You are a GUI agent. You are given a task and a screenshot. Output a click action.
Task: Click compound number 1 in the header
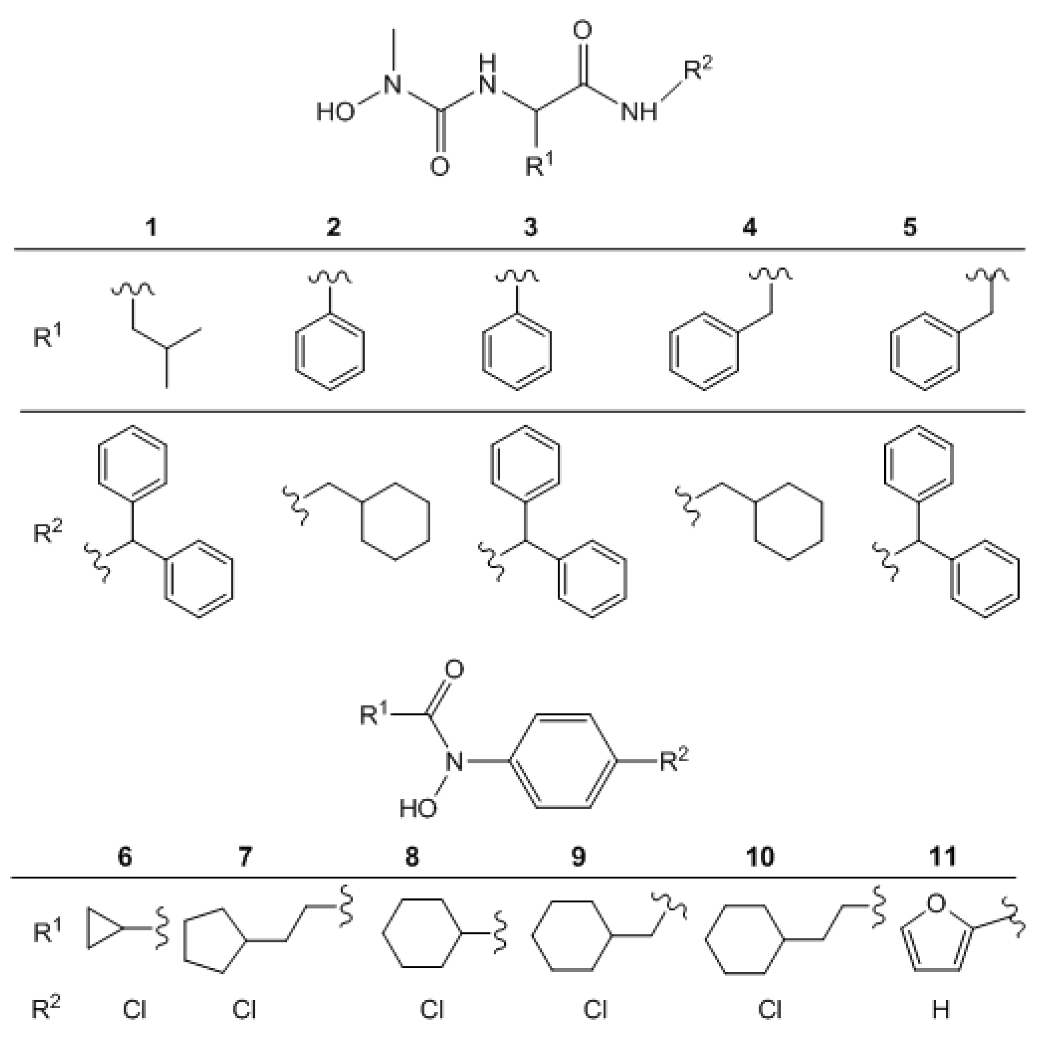(x=152, y=227)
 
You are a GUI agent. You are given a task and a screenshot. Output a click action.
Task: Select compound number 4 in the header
(x=749, y=227)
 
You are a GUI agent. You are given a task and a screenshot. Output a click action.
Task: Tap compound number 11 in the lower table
(x=942, y=857)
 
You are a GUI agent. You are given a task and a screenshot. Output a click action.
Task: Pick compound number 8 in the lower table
(x=412, y=857)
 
